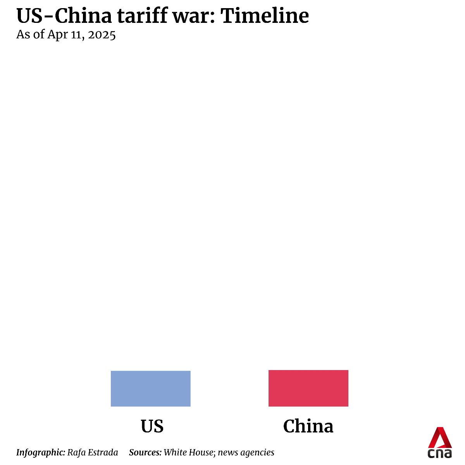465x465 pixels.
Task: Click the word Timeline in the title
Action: pos(265,16)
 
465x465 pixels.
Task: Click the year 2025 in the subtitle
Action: pos(102,35)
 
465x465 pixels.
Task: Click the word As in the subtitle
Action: pos(23,35)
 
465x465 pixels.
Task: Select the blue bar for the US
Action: pos(150,388)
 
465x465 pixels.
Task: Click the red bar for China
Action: pos(308,388)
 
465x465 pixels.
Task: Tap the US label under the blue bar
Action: pos(152,426)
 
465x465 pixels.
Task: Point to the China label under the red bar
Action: pos(308,426)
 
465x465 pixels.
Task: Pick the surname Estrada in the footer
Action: pos(103,452)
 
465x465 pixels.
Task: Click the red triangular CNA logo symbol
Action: pos(440,437)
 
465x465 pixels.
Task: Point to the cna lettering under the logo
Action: pos(440,453)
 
